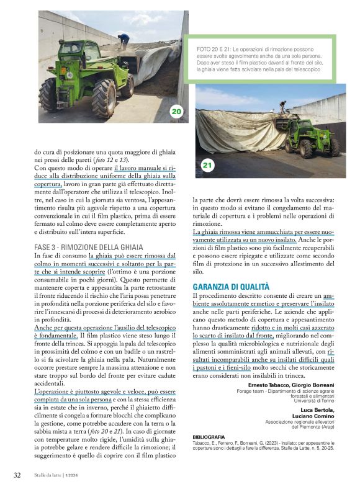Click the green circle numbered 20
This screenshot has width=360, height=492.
176,112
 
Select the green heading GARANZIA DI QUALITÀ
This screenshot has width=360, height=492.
231,287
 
